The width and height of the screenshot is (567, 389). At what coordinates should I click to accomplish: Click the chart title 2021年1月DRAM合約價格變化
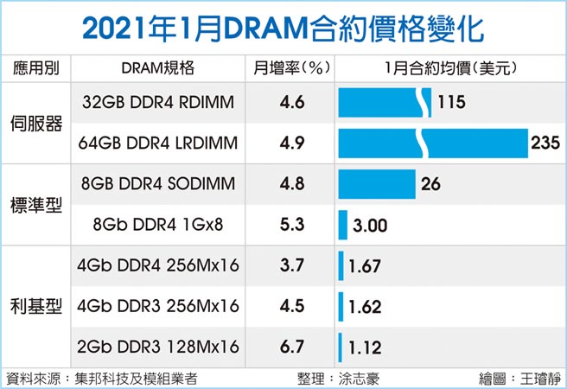283,27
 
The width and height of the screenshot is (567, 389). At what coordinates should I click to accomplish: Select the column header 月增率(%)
293,68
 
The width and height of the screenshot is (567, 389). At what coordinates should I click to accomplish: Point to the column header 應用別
35,68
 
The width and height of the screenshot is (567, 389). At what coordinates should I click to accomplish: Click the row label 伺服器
35,123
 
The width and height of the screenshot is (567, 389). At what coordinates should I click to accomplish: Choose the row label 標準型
35,205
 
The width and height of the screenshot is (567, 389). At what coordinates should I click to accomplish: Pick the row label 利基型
35,307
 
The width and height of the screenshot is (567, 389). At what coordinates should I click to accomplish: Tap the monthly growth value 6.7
293,347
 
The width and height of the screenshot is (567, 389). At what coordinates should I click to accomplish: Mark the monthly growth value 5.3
293,225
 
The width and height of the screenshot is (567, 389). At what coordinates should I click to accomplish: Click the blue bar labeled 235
432,143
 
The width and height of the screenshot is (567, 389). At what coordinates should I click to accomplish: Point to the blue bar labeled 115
385,103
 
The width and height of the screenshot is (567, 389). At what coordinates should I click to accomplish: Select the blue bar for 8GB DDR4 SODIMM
377,184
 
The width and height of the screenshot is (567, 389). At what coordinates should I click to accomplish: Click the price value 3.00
371,226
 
